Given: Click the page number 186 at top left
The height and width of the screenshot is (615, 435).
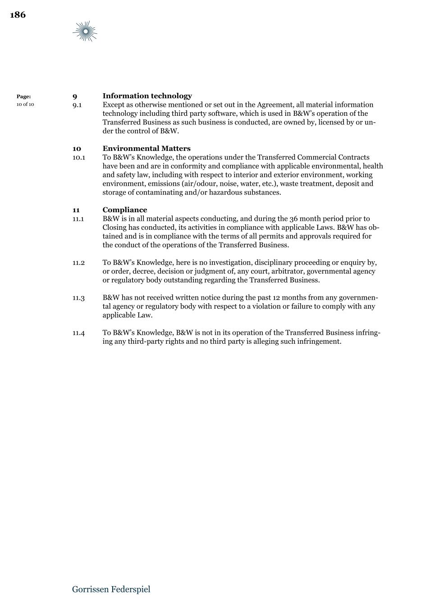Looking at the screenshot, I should click(18, 15).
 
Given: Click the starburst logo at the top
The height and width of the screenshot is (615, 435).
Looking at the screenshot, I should click(85, 32).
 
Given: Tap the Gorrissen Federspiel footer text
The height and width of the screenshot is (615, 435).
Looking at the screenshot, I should click(111, 589).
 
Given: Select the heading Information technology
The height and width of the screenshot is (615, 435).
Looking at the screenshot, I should click(147, 96).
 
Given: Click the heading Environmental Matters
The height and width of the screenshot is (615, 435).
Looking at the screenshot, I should click(147, 149).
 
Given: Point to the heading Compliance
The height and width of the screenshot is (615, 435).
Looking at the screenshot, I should click(125, 210).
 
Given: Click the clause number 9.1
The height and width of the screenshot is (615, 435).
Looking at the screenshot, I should click(77, 105).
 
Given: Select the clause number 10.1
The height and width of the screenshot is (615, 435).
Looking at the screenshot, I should click(79, 158).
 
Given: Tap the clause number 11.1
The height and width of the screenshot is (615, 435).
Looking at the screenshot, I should click(78, 219).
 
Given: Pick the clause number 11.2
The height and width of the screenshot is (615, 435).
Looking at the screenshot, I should click(78, 263).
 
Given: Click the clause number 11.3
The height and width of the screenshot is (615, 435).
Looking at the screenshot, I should click(78, 298).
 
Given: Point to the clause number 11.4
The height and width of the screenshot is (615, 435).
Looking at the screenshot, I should click(78, 333).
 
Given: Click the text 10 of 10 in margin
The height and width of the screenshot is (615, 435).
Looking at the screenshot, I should click(25, 105).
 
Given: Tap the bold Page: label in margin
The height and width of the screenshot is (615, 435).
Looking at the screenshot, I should click(24, 96).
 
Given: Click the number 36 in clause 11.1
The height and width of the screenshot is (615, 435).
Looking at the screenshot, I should click(294, 219).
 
